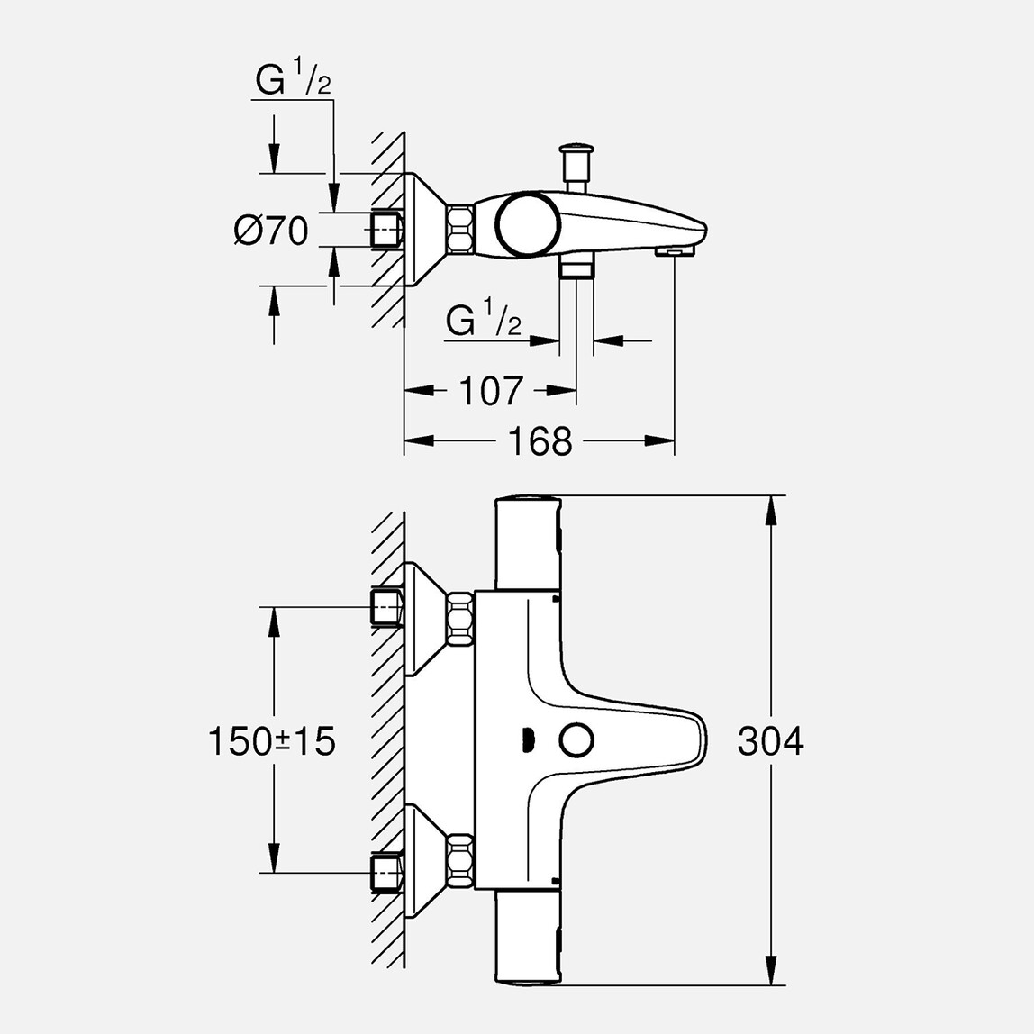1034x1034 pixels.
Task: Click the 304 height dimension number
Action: tap(770, 741)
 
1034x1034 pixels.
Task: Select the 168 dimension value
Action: tap(540, 441)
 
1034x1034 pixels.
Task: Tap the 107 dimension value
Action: tap(491, 392)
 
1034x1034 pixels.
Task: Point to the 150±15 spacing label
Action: tap(271, 741)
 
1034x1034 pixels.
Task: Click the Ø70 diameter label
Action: tap(271, 231)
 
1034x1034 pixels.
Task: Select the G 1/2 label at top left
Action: tap(293, 82)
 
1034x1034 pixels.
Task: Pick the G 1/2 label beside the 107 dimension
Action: tap(485, 321)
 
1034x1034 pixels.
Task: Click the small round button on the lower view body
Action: tap(576, 740)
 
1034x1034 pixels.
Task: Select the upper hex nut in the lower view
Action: tap(460, 619)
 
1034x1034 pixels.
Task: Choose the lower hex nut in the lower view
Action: tap(460, 861)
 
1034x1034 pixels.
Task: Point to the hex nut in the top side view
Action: tap(460, 230)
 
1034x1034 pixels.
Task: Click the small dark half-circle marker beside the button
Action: tap(528, 741)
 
